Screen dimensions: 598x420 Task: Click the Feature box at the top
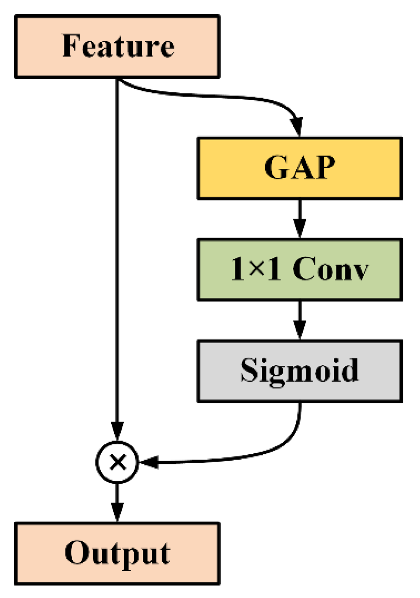pyautogui.click(x=117, y=46)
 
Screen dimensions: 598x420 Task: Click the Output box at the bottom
pyautogui.click(x=117, y=554)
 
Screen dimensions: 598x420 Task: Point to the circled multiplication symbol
pyautogui.click(x=117, y=462)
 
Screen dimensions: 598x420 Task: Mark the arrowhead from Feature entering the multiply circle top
pyautogui.click(x=117, y=427)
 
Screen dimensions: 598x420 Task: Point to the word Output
pyautogui.click(x=118, y=554)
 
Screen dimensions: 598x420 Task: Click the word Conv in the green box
pyautogui.click(x=331, y=270)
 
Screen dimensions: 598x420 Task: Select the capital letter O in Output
pyautogui.click(x=76, y=553)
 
